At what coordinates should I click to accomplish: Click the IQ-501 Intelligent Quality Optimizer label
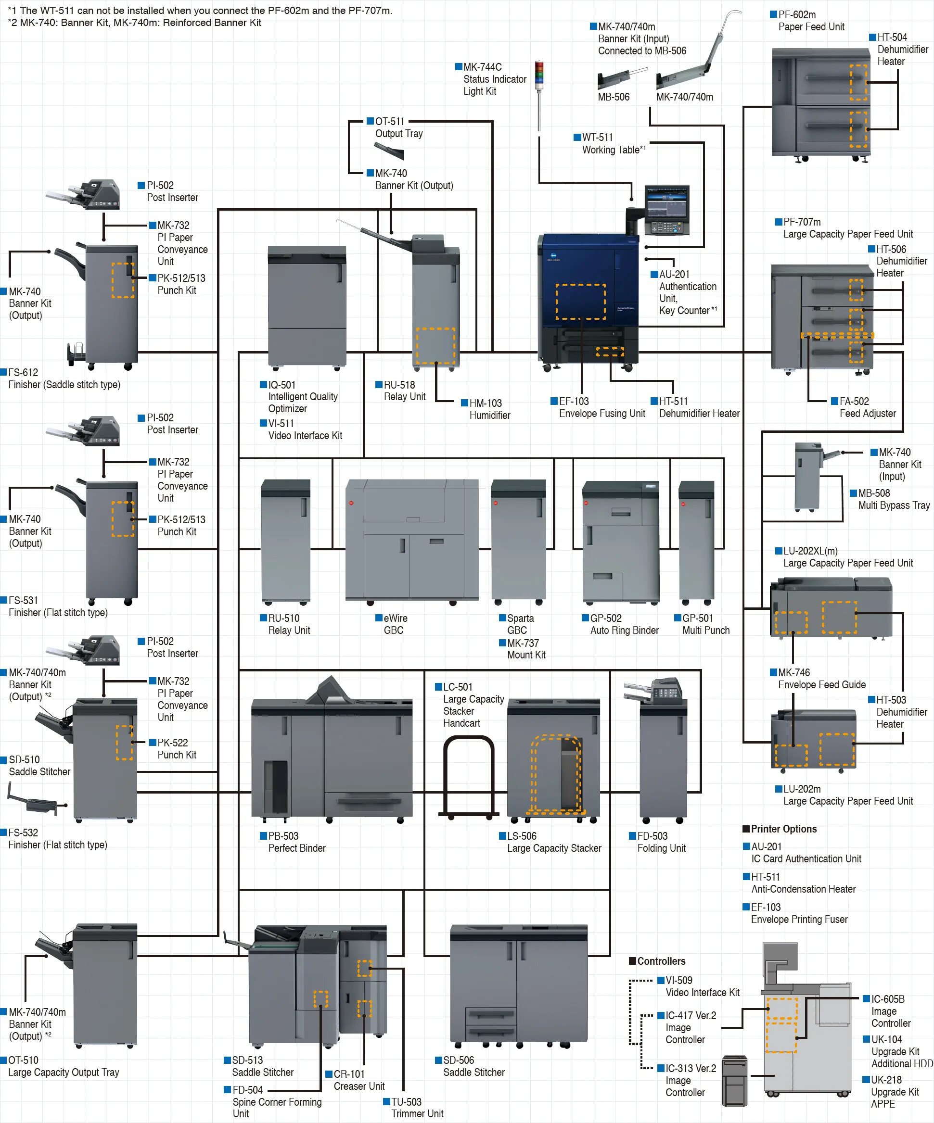pos(302,396)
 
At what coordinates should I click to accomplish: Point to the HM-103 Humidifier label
pos(489,409)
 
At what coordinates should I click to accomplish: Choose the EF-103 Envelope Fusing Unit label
pos(601,407)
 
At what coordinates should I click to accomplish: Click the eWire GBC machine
pos(411,540)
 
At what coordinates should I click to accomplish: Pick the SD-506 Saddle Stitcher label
pos(473,1066)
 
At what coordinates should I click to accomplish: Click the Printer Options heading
pos(783,829)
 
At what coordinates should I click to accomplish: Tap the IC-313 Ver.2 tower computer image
pos(734,1081)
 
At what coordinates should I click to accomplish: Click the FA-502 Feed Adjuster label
pos(867,407)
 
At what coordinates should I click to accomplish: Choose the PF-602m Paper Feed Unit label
pos(810,21)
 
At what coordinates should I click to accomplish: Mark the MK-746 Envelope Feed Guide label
pos(821,679)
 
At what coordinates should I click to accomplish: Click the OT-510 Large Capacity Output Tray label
pos(63,1066)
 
